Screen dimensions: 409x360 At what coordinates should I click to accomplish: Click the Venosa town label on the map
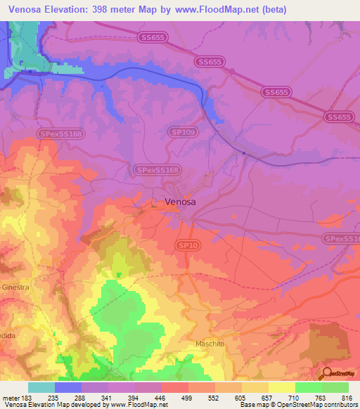[179, 202]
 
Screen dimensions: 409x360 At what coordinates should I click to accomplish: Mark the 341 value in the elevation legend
[108, 398]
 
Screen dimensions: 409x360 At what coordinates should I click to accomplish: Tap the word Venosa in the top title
[27, 8]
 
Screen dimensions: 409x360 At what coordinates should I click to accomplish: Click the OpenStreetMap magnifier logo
[328, 373]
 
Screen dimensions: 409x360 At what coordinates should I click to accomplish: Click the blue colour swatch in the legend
[68, 387]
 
